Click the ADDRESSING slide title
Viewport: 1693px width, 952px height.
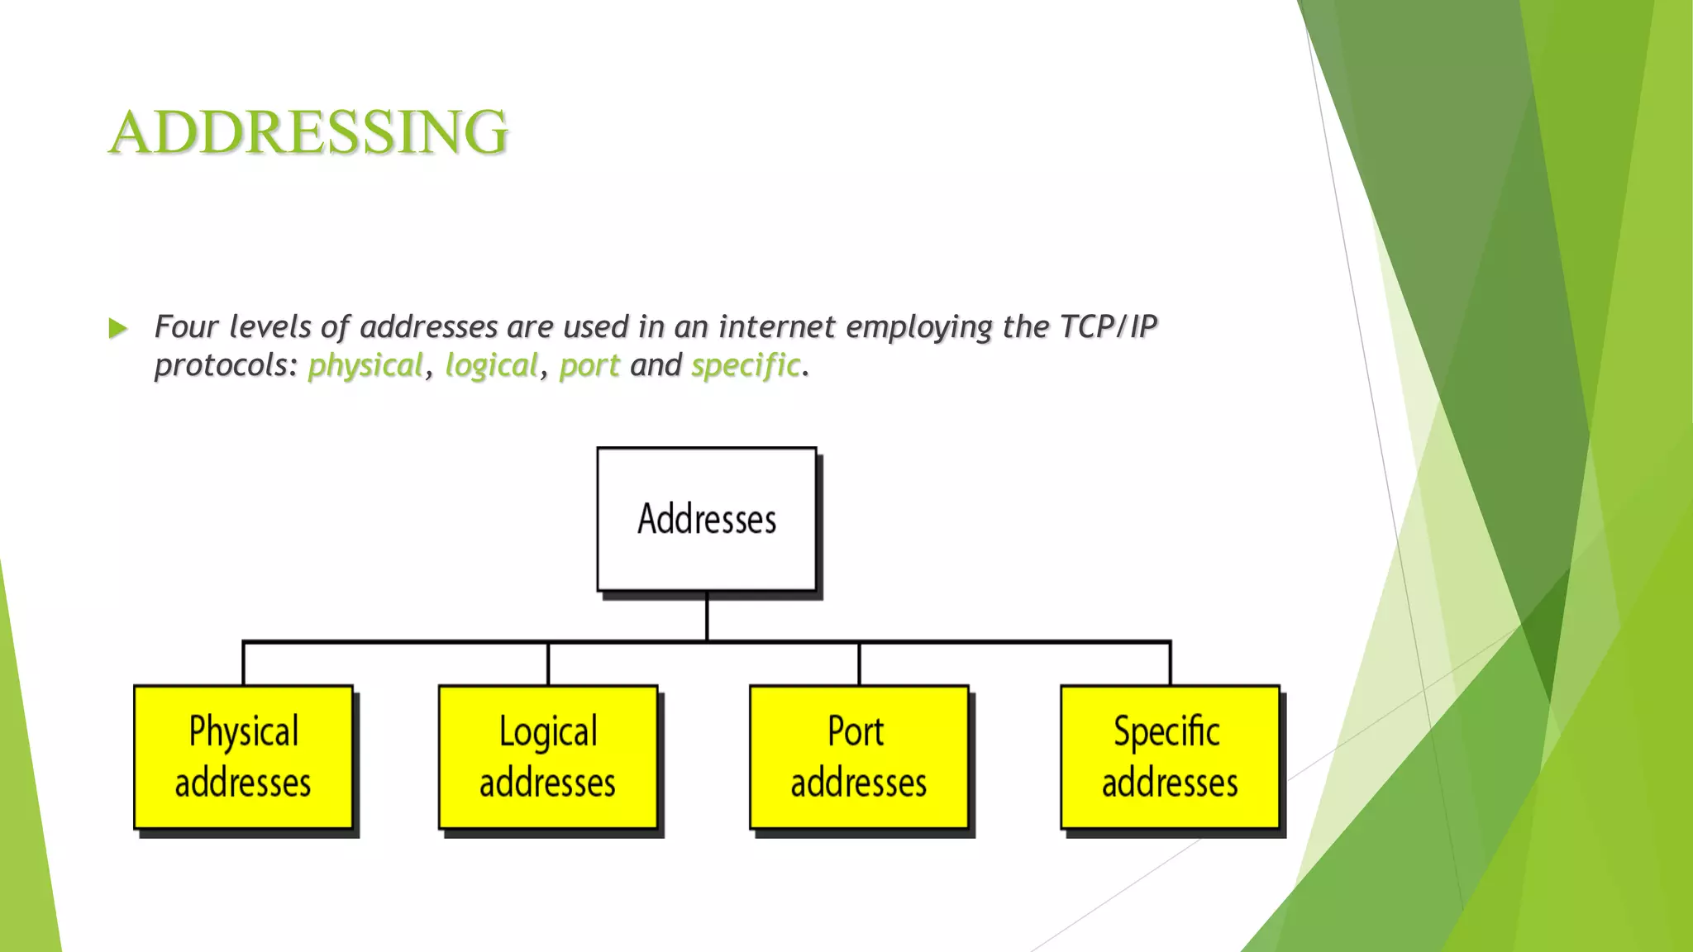(308, 132)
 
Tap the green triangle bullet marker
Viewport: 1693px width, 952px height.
(118, 329)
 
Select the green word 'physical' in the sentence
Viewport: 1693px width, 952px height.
(365, 365)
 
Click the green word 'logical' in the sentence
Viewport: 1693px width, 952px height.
(491, 365)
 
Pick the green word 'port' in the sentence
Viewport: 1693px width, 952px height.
(589, 365)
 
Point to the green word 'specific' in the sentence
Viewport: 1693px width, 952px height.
(746, 365)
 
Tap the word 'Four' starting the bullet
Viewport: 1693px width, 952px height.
(186, 327)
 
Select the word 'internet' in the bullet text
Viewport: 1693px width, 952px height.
(776, 327)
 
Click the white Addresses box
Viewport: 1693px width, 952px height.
(707, 519)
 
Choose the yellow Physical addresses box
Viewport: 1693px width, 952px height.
(244, 757)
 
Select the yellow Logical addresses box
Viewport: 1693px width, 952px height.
(548, 757)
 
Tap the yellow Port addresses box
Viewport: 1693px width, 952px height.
(859, 757)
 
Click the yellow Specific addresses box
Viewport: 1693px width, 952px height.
(1170, 757)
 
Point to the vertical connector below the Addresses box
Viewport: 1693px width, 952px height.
(707, 616)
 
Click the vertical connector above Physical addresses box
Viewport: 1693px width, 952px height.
(243, 664)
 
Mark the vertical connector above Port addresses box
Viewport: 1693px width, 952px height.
(859, 664)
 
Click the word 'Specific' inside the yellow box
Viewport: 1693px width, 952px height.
(1166, 732)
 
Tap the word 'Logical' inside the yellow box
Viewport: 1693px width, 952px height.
(548, 732)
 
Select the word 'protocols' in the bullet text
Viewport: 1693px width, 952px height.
(222, 365)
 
